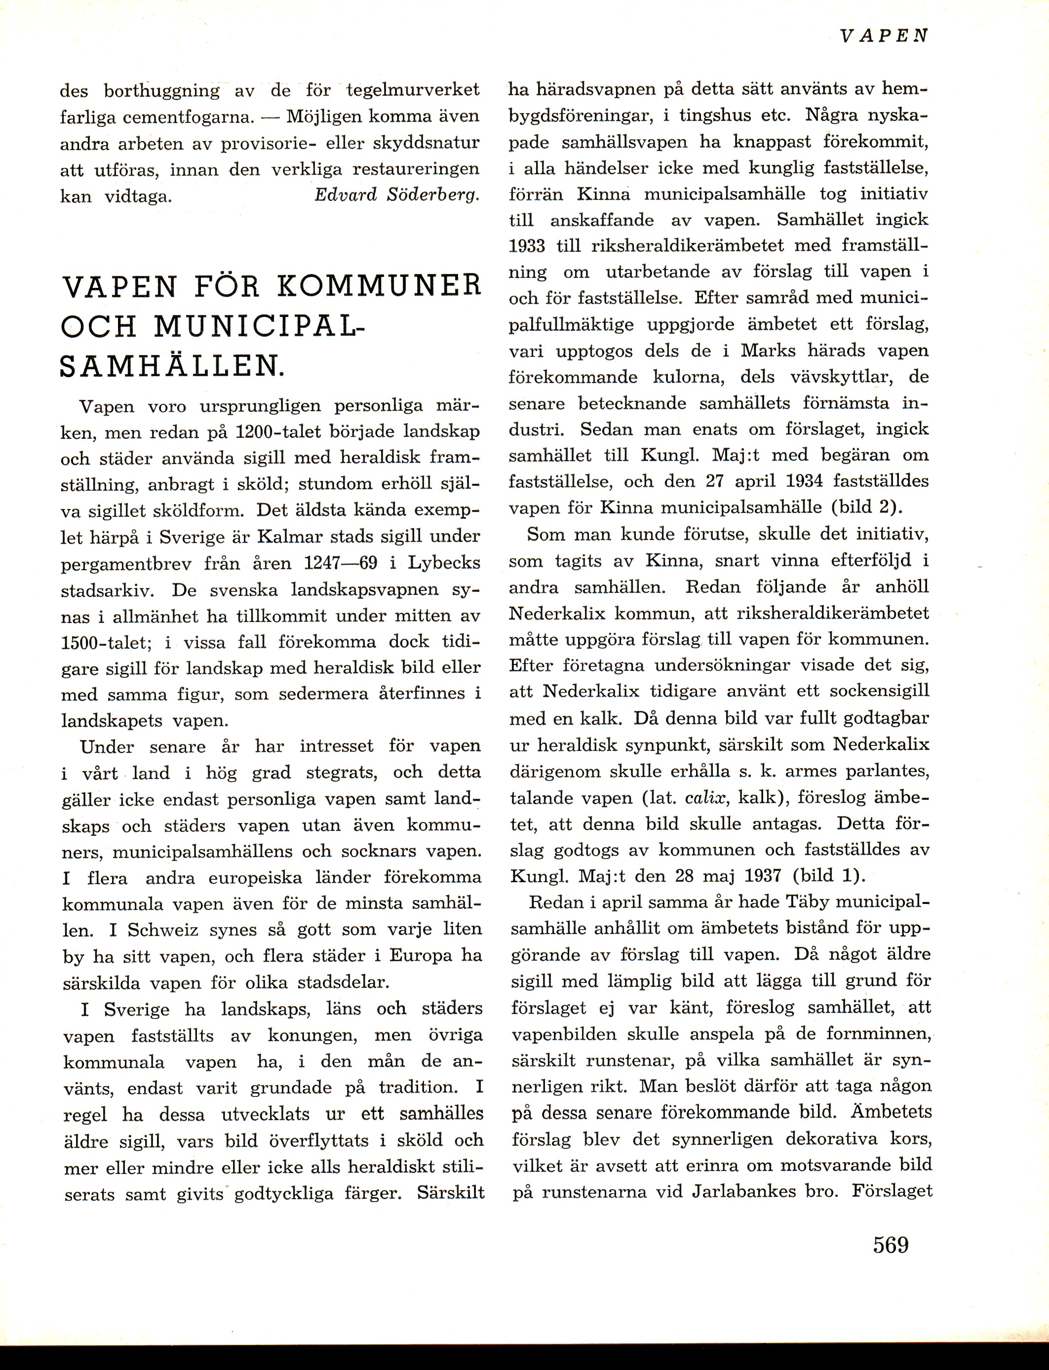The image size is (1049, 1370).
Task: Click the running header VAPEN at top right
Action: pyautogui.click(x=883, y=36)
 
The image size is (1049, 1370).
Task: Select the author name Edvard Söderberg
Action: pyautogui.click(x=397, y=195)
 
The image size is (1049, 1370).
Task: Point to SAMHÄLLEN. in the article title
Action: pyautogui.click(x=172, y=365)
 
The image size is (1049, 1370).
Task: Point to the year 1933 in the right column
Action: pyautogui.click(x=527, y=246)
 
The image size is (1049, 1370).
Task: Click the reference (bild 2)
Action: pyautogui.click(x=867, y=508)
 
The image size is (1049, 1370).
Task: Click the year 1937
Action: pyautogui.click(x=764, y=875)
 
